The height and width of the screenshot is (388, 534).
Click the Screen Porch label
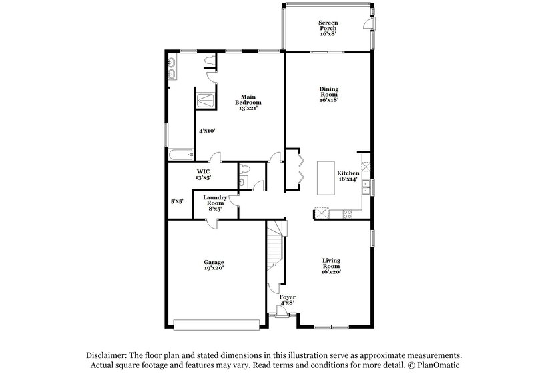click(327, 27)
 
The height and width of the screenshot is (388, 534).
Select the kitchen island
click(326, 178)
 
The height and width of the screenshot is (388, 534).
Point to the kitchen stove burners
click(347, 213)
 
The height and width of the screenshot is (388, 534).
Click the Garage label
click(214, 265)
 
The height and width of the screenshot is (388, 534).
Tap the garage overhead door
click(215, 325)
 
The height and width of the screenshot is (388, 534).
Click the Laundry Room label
click(215, 202)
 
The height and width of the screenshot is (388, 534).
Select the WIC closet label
click(203, 175)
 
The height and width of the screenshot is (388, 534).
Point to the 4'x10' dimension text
click(207, 131)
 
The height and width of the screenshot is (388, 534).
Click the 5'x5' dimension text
click(177, 201)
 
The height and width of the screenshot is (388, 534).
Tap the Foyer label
click(288, 299)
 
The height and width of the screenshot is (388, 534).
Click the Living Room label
click(331, 266)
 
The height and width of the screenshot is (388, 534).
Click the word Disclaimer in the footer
click(110, 355)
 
